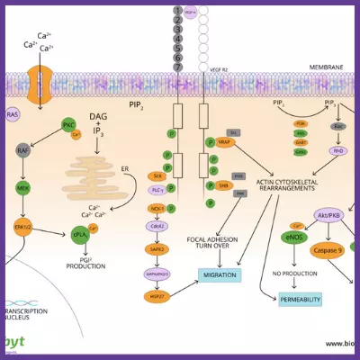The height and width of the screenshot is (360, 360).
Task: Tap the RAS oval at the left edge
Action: pos(13,114)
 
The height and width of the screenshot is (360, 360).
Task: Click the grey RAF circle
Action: pos(23,151)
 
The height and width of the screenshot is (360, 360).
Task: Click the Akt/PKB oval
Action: pos(328,216)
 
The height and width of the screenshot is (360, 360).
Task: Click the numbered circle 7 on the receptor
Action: pos(178,67)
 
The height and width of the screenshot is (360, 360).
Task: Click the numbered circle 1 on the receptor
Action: pos(178,11)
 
